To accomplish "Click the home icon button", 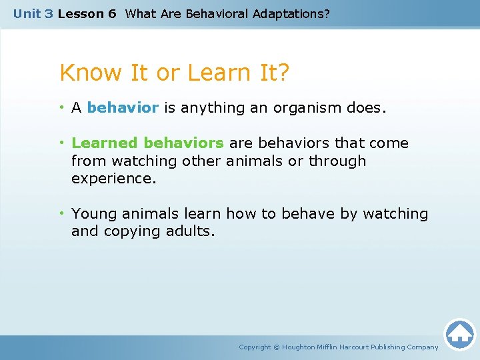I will point(459,334).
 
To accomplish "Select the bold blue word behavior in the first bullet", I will point(123,108).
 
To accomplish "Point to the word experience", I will point(113,179).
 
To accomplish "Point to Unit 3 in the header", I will point(33,13).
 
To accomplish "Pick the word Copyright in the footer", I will point(255,347).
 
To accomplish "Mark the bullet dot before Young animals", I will point(63,214).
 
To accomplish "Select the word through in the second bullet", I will point(337,161).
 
